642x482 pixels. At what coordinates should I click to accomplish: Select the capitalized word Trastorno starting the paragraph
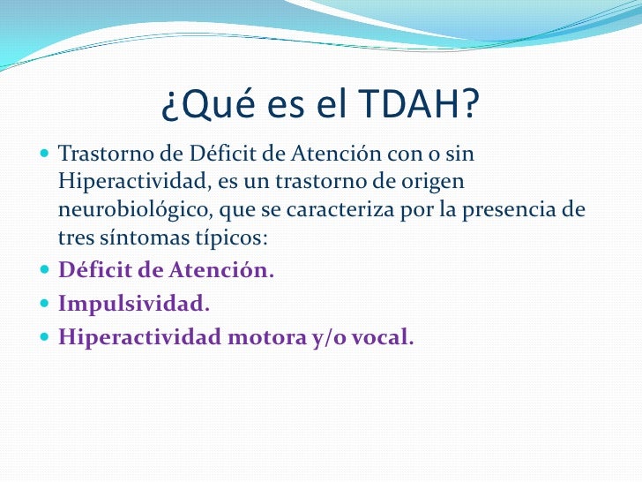(x=99, y=154)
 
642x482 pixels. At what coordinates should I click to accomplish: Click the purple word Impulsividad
(x=133, y=304)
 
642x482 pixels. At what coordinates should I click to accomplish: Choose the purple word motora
(x=254, y=336)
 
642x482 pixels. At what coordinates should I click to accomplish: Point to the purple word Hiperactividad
(x=131, y=336)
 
